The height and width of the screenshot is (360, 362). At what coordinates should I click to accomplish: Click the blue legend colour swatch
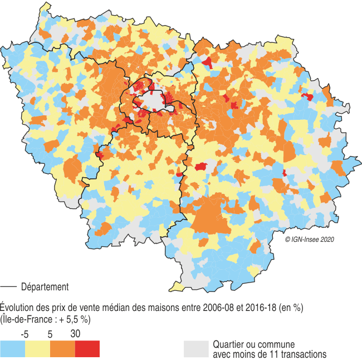pyautogui.click(x=12, y=348)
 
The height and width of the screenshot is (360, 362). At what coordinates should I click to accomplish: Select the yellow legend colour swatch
pyautogui.click(x=37, y=348)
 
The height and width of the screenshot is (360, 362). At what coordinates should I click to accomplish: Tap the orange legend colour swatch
pyautogui.click(x=62, y=348)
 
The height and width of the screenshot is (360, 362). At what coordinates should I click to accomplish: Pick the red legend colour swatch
pyautogui.click(x=87, y=348)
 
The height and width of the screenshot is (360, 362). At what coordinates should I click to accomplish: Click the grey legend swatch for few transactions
pyautogui.click(x=196, y=348)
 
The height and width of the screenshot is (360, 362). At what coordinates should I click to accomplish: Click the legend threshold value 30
pyautogui.click(x=76, y=334)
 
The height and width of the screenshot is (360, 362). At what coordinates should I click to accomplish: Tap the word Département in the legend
pyautogui.click(x=45, y=287)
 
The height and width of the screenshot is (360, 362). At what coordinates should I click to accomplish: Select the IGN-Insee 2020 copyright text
pyautogui.click(x=309, y=239)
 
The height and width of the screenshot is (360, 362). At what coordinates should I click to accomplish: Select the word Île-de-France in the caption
pyautogui.click(x=26, y=319)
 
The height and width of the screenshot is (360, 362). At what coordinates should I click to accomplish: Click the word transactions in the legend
pyautogui.click(x=299, y=354)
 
